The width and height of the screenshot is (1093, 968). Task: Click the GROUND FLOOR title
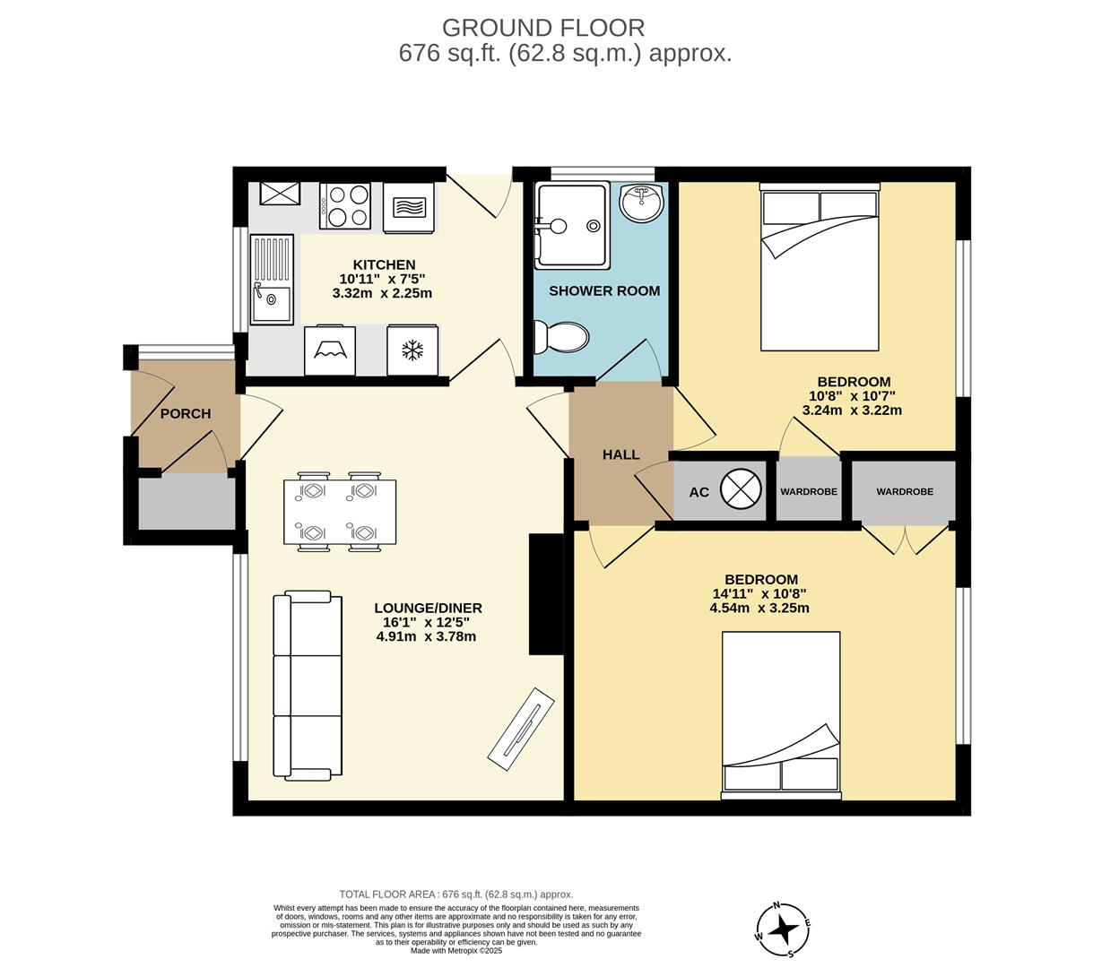(x=542, y=28)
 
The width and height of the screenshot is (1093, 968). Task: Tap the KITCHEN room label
(x=384, y=264)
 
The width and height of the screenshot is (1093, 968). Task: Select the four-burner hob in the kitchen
(x=345, y=205)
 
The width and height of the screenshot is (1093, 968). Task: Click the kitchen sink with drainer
(x=272, y=279)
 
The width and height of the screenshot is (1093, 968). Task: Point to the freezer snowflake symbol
(x=412, y=350)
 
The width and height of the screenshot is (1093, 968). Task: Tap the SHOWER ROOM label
(x=603, y=290)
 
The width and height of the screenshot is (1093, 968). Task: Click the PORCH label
(x=186, y=413)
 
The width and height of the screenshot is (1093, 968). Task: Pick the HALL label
(x=620, y=454)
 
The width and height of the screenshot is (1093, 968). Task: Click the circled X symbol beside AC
(x=740, y=490)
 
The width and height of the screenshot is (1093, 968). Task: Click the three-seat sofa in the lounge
(x=308, y=685)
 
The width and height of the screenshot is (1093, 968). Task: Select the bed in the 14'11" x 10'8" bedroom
(x=781, y=714)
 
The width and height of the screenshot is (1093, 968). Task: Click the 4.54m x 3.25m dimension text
(x=759, y=608)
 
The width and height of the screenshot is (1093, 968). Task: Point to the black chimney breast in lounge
(x=545, y=594)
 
